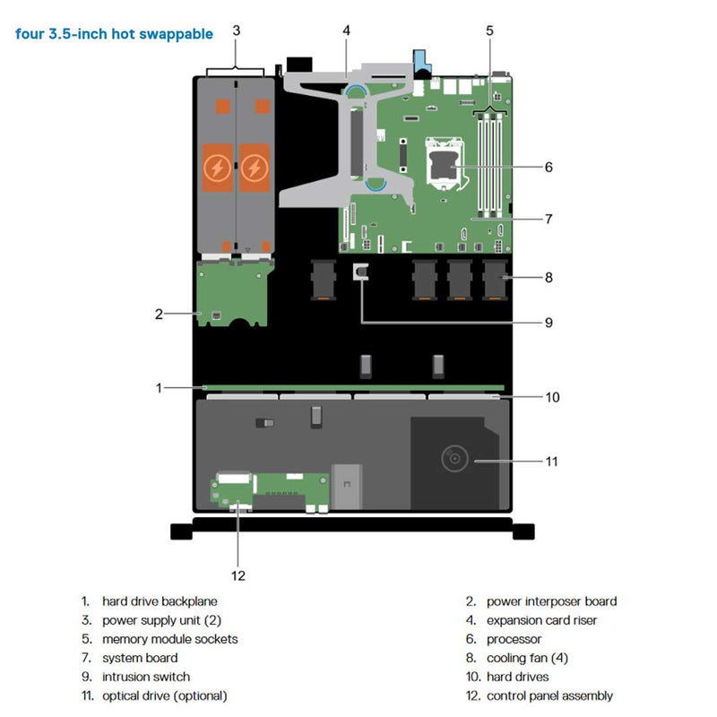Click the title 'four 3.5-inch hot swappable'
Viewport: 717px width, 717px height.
[114, 34]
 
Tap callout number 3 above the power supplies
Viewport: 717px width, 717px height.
[236, 30]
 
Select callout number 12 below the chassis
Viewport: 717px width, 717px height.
[238, 574]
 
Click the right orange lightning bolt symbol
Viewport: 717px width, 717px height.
[255, 167]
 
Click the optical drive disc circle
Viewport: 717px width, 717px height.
[455, 460]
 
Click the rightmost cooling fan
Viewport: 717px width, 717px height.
[495, 279]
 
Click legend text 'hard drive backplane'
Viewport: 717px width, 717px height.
[160, 601]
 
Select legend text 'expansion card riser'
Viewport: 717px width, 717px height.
[541, 620]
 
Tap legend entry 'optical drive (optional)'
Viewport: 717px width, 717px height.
[164, 695]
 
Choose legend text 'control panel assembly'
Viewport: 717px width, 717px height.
[549, 695]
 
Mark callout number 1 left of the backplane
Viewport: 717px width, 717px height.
[158, 388]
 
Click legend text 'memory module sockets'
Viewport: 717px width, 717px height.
[169, 639]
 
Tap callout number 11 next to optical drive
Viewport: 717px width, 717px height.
[551, 462]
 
